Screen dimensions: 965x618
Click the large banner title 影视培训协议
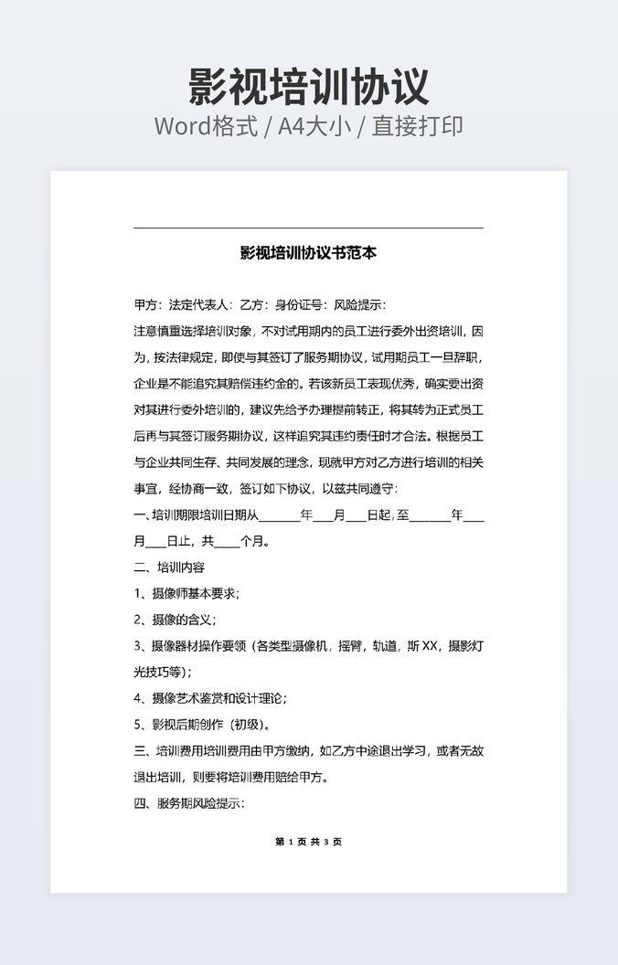tap(308, 87)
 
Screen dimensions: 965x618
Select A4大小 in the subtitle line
tap(315, 126)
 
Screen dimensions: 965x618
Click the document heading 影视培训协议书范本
tap(308, 253)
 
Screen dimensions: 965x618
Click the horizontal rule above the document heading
tap(308, 228)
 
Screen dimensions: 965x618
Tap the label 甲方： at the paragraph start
tap(148, 305)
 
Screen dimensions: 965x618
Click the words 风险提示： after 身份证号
tap(360, 305)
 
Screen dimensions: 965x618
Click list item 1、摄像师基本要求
tap(186, 593)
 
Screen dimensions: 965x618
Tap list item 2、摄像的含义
tap(175, 620)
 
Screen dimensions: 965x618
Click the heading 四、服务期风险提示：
tap(189, 804)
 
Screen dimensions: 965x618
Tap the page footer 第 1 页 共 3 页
tap(308, 842)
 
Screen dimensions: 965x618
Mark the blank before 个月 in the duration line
tap(228, 542)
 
